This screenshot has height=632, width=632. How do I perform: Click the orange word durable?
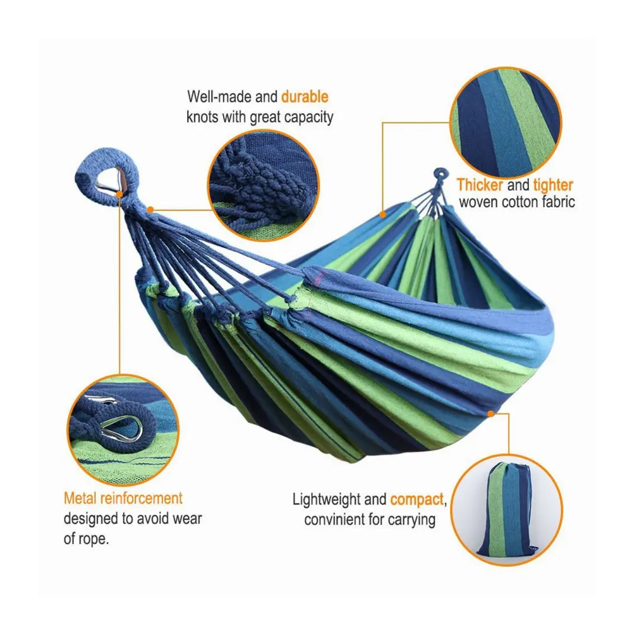pos(305,97)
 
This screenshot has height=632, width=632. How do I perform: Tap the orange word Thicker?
pos(480,185)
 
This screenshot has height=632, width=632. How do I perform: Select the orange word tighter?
pos(552,185)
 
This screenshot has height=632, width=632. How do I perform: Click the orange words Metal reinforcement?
pos(123,498)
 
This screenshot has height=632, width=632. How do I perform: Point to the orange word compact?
pos(417,499)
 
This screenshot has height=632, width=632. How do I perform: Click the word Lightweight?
pos(330,499)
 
